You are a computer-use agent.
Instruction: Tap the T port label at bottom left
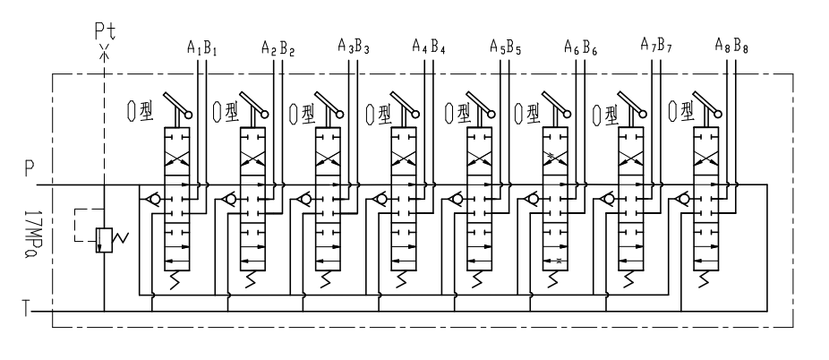(x=30, y=313)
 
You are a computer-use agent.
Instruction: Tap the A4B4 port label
(x=429, y=46)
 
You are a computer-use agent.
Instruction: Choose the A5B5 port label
(x=507, y=47)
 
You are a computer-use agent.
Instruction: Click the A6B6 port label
(x=582, y=47)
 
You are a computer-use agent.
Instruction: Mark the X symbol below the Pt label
(x=105, y=54)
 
